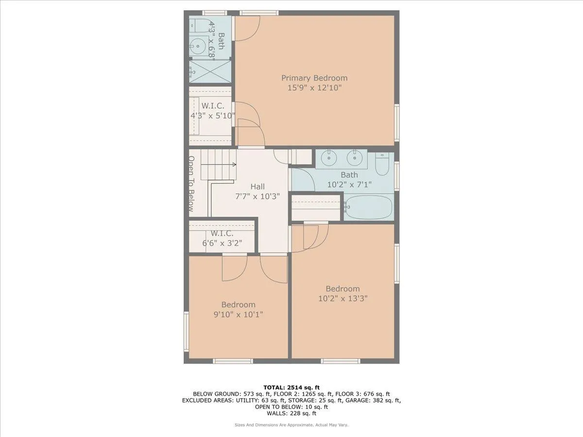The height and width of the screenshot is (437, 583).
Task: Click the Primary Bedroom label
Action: (314, 78)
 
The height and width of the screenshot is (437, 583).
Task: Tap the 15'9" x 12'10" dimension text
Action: (314, 88)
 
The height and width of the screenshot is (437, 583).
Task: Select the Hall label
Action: (257, 186)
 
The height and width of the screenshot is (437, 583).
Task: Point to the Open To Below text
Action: (191, 184)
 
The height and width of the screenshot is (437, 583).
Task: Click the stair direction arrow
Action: (223, 165)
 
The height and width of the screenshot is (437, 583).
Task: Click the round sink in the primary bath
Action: (198, 47)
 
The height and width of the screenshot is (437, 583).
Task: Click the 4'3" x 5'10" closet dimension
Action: (213, 116)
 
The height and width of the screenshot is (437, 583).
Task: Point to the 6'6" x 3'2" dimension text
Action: (222, 243)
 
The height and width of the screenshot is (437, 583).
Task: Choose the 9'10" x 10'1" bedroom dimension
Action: (238, 315)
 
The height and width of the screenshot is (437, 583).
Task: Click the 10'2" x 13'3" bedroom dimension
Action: (343, 299)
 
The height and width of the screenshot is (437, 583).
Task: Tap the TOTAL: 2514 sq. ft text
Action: (291, 387)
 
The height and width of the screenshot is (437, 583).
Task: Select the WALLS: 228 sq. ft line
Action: (291, 413)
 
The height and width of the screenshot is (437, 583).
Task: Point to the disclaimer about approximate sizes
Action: (291, 425)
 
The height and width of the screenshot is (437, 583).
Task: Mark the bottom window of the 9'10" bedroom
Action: (233, 361)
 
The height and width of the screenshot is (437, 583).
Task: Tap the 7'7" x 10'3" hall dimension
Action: (257, 196)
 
